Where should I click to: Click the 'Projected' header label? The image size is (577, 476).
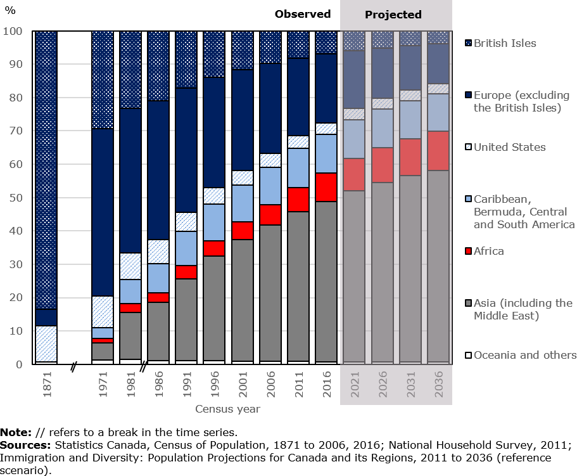click(393, 15)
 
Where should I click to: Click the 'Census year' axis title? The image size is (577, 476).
click(227, 409)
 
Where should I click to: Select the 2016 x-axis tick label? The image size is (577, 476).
click(327, 384)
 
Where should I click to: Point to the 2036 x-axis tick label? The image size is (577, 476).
click(439, 384)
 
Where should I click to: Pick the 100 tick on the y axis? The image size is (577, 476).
click(13, 31)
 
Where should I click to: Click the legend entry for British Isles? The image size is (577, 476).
click(504, 43)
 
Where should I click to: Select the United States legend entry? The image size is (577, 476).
click(509, 147)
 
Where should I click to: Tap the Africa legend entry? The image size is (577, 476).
click(488, 251)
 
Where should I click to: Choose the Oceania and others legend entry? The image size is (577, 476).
click(524, 355)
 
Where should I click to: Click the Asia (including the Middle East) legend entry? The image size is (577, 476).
click(523, 309)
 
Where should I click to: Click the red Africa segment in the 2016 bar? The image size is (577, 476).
click(327, 187)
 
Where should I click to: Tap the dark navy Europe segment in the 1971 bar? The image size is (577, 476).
click(103, 212)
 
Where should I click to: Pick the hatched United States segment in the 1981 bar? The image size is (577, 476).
click(130, 266)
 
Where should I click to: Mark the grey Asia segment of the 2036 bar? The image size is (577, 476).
click(439, 266)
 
